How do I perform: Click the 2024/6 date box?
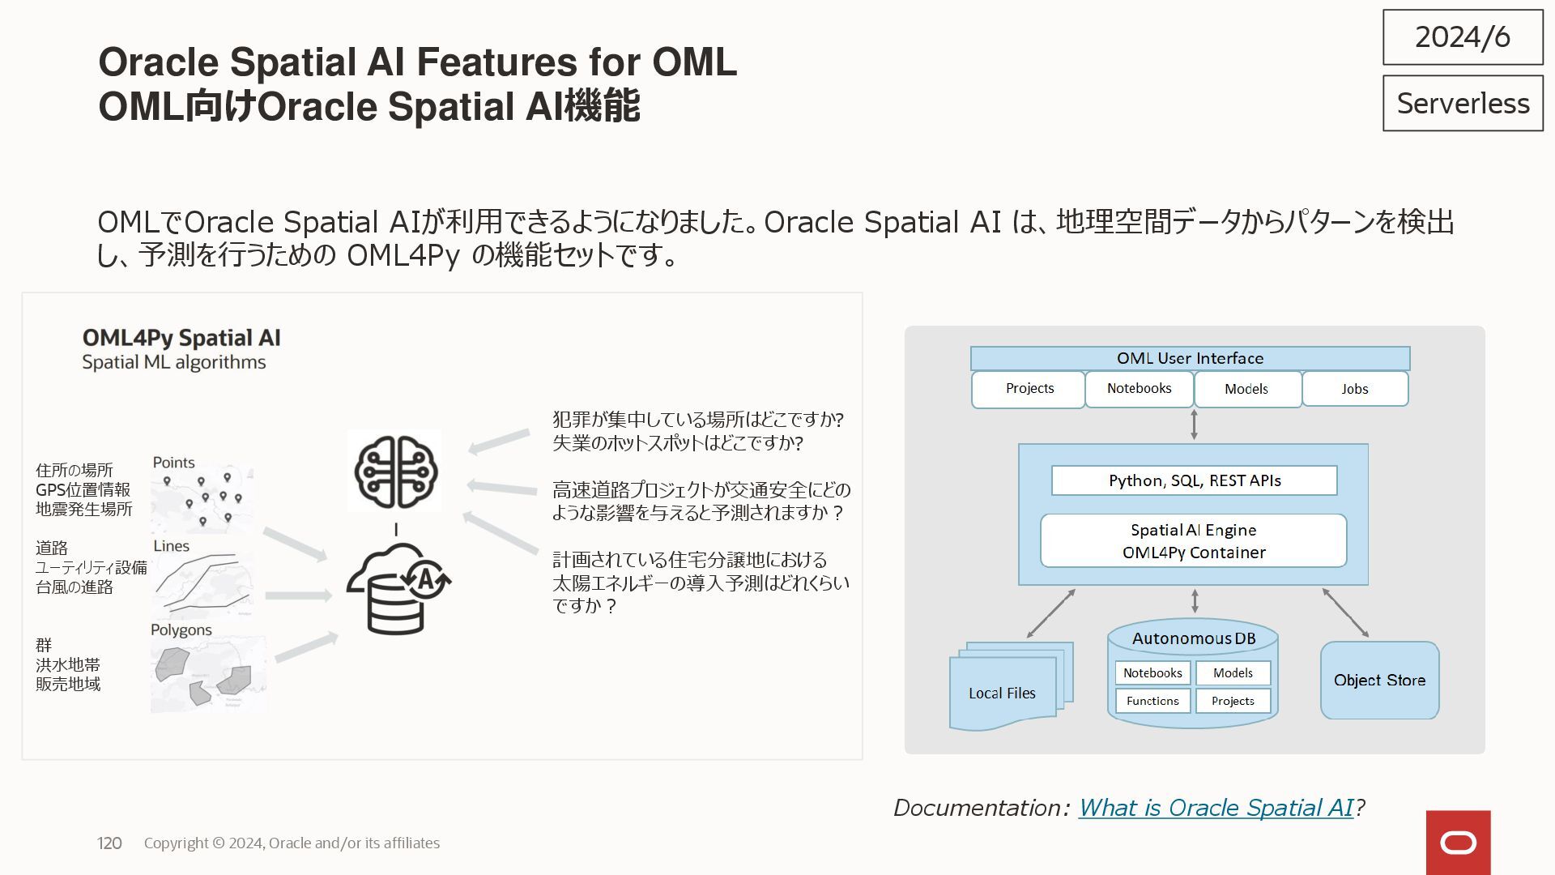tap(1463, 37)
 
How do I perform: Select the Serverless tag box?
tap(1463, 104)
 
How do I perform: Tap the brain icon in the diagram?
tap(395, 472)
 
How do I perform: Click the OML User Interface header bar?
tap(1190, 358)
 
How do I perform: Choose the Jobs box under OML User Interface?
tap(1355, 389)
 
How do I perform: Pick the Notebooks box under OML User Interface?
tap(1139, 389)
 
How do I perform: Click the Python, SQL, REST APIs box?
tap(1194, 480)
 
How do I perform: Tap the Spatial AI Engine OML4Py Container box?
tap(1194, 541)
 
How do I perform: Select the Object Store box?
tap(1379, 681)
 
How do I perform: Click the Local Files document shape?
tap(1003, 693)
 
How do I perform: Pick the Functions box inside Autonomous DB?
tap(1152, 701)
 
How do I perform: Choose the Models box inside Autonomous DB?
tap(1233, 673)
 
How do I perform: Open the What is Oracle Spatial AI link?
tap(1216, 808)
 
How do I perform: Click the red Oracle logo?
tap(1458, 843)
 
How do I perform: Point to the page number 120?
tap(109, 843)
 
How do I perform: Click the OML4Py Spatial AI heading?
tap(181, 338)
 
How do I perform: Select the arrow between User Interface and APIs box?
tap(1194, 425)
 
